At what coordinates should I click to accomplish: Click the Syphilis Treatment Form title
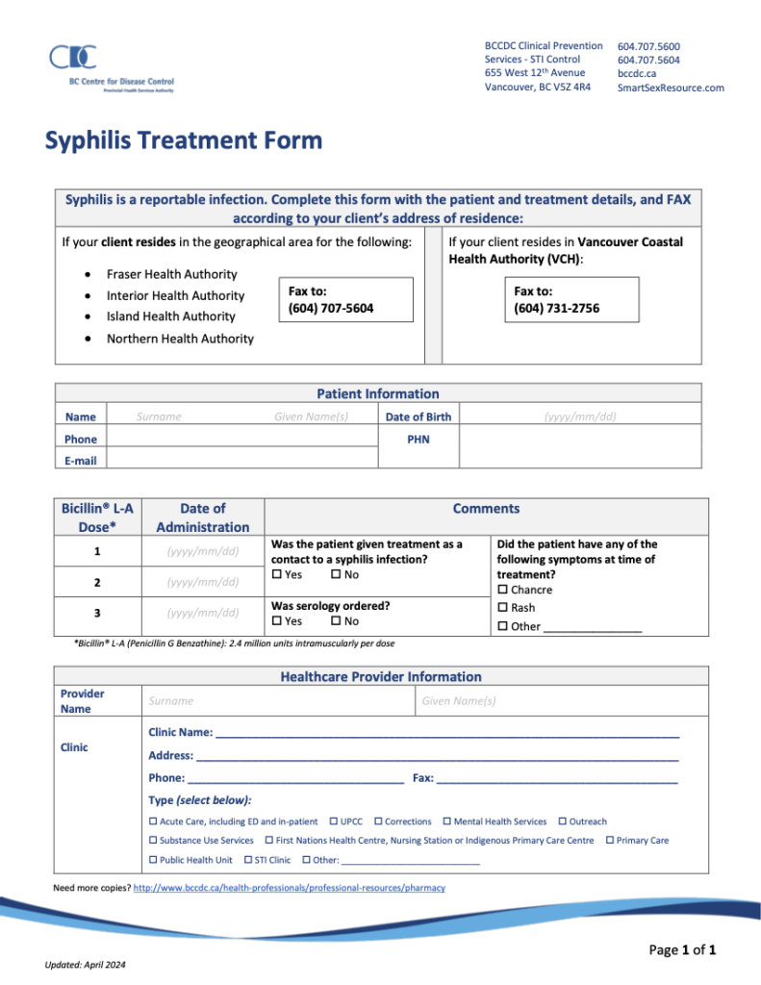pos(184,141)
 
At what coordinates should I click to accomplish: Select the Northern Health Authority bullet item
pos(180,339)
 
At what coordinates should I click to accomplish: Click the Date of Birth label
pos(418,417)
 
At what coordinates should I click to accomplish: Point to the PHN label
pos(418,440)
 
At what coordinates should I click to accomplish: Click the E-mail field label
pos(81,461)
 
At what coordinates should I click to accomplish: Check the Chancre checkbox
pos(503,590)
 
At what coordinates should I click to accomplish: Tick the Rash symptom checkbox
pos(503,608)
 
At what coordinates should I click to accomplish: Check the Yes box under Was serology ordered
pos(277,621)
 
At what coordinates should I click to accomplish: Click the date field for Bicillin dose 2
pos(202,582)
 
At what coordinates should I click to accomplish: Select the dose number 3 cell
pos(98,613)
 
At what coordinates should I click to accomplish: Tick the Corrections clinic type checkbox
pos(379,821)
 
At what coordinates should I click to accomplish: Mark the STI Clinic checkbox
pos(248,860)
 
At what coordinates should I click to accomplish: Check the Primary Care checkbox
pos(610,841)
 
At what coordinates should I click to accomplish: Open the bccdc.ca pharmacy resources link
pos(289,888)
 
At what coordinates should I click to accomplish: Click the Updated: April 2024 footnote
pos(85,965)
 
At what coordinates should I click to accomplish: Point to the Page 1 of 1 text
pos(682,950)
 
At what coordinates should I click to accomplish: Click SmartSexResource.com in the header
pos(670,88)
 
